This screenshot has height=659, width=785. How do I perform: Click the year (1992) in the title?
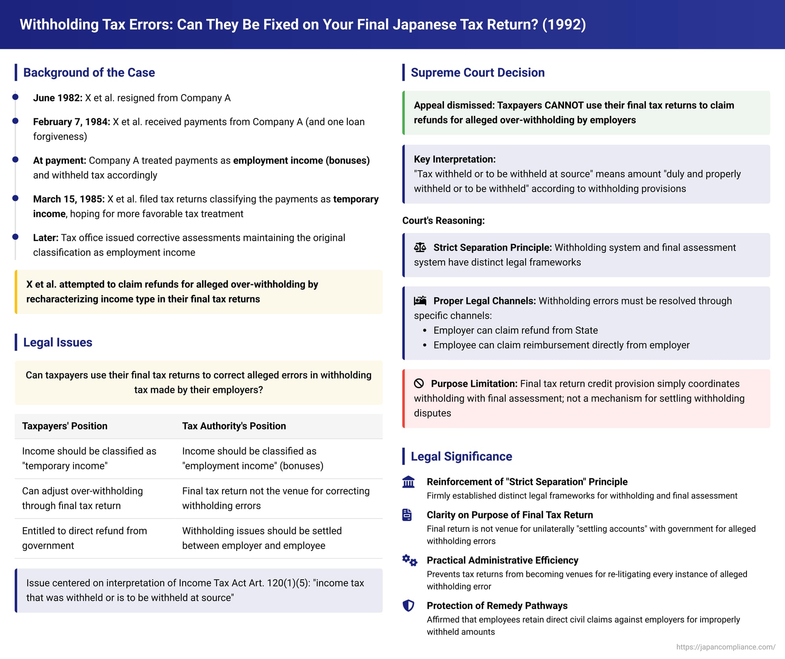(x=564, y=25)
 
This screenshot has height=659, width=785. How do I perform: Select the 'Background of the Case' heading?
(x=89, y=73)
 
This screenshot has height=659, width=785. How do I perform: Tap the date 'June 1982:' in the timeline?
(x=58, y=98)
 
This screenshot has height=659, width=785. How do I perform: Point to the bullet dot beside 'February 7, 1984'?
(x=15, y=121)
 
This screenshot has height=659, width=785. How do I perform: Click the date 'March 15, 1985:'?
(x=69, y=199)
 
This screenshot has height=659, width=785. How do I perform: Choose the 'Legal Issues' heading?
(x=58, y=342)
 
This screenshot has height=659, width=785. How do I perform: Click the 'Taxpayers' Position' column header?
(x=65, y=426)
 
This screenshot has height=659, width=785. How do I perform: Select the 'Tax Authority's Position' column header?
(x=234, y=426)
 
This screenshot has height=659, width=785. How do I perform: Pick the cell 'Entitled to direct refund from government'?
(x=84, y=538)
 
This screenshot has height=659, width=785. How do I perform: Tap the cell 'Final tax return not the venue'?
(x=276, y=498)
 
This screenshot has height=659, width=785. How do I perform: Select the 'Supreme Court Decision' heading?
(x=477, y=73)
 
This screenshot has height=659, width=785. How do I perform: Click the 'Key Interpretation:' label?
(x=455, y=159)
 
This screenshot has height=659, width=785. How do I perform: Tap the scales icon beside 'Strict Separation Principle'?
(x=420, y=247)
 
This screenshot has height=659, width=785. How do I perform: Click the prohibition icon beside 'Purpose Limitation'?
(x=419, y=383)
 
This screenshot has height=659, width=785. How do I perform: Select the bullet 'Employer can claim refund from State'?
(x=515, y=330)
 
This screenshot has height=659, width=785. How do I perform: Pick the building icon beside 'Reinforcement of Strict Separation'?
(x=408, y=482)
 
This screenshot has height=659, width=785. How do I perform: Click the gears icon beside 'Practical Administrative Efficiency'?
(x=409, y=560)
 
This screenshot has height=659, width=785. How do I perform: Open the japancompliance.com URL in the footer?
(x=725, y=647)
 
